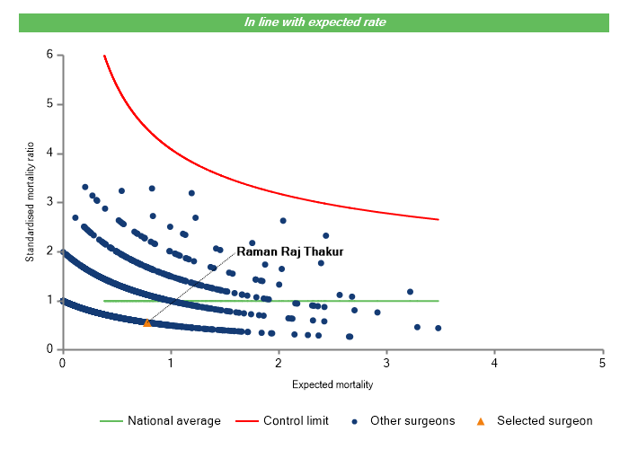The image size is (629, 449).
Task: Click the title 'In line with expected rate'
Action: (314, 22)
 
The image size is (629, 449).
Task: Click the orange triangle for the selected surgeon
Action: (147, 322)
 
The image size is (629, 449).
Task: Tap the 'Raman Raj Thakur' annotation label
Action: (289, 252)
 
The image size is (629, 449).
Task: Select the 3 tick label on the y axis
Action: (49, 202)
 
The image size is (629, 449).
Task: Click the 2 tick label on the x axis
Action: (279, 362)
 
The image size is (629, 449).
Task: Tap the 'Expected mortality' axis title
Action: (332, 385)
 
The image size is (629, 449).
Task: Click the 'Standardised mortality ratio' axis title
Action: (30, 202)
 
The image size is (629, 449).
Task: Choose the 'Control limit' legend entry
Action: (296, 420)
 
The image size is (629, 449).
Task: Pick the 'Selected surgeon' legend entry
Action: (545, 420)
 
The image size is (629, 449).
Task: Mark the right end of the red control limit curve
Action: (439, 219)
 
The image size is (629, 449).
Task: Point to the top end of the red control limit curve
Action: (104, 56)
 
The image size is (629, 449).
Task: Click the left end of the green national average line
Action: (104, 301)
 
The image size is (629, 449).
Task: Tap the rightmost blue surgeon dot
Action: (438, 328)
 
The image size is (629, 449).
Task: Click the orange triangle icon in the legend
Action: (480, 420)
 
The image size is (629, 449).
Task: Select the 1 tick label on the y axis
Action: (49, 300)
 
